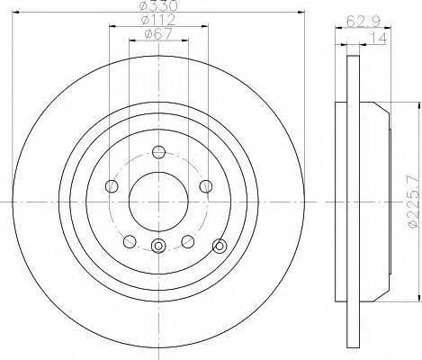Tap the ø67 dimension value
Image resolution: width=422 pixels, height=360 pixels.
(158, 36)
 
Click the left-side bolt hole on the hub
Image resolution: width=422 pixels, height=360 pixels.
(112, 186)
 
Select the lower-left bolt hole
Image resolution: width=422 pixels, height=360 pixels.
(130, 240)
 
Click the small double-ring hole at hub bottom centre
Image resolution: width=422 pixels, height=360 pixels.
(158, 247)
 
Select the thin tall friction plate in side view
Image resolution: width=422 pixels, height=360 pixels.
(343, 198)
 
